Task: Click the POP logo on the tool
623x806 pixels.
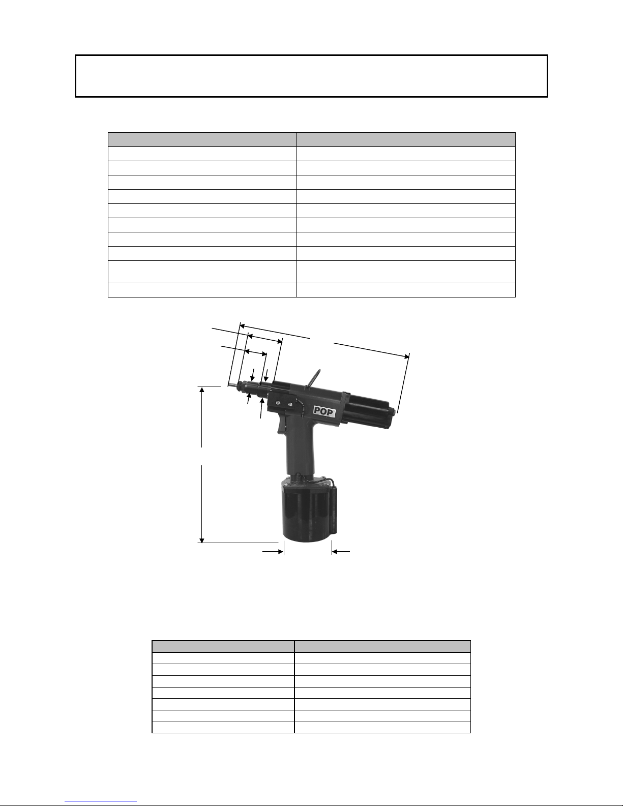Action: tap(324, 411)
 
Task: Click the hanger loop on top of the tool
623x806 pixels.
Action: tap(313, 378)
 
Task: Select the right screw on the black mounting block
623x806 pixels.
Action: tap(290, 404)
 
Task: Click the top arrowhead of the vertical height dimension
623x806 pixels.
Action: tap(202, 389)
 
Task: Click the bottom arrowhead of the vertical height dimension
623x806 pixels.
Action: tap(202, 540)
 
